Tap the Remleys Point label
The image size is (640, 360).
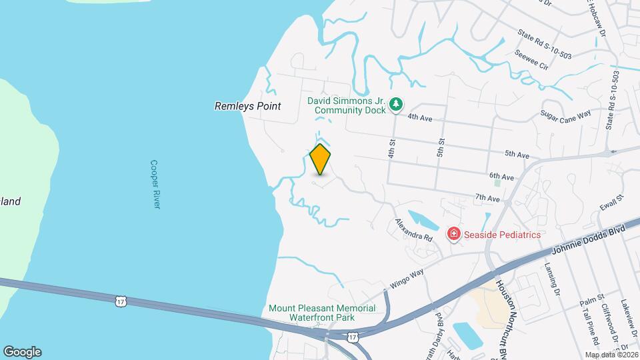[247, 106]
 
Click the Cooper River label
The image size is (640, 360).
[155, 184]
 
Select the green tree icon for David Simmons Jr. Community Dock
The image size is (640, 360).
[397, 104]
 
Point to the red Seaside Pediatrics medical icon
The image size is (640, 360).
[453, 234]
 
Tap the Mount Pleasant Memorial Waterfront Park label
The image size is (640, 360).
[321, 313]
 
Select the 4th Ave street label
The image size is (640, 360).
[421, 117]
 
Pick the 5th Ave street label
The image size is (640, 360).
[517, 155]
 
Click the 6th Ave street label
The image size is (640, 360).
[501, 177]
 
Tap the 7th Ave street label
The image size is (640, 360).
[487, 199]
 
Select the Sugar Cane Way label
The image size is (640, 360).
[566, 115]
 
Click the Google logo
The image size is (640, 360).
[22, 351]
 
